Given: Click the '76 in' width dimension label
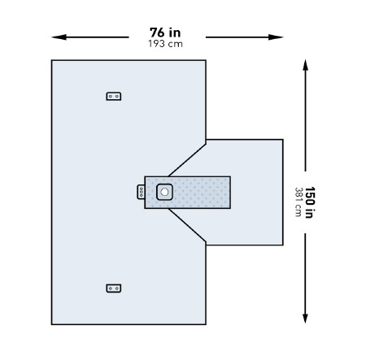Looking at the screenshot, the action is click(x=165, y=33).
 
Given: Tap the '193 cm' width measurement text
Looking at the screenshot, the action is click(x=165, y=44).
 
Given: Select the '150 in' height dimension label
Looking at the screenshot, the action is click(x=310, y=202).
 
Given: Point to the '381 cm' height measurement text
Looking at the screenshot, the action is click(x=298, y=202).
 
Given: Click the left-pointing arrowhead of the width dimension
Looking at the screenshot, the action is click(x=59, y=37).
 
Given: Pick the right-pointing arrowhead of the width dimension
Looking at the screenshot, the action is click(x=276, y=37).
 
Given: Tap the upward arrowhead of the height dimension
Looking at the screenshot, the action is click(x=305, y=66).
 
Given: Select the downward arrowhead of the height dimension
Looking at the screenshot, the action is click(x=305, y=318).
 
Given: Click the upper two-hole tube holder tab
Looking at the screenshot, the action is click(x=114, y=96).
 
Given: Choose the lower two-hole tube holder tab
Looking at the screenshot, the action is click(x=114, y=288).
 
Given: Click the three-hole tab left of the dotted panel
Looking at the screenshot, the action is click(x=141, y=192).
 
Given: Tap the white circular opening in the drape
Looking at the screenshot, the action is click(x=164, y=192).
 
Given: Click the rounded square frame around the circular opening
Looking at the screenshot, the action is click(x=158, y=192).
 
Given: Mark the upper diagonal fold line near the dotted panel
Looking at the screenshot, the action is click(x=187, y=160).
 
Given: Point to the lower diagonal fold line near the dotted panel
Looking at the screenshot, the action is click(x=187, y=225).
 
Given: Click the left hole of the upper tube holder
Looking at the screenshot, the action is click(x=111, y=96).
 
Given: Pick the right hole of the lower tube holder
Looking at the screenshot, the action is click(x=117, y=288).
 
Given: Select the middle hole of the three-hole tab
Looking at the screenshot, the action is click(x=141, y=192).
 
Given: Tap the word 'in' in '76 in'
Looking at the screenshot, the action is click(x=175, y=33).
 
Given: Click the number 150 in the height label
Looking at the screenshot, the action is click(x=310, y=196).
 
